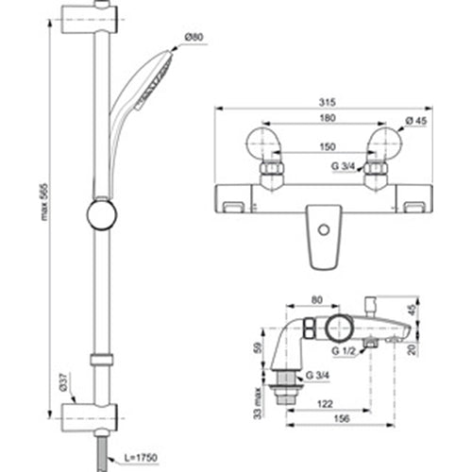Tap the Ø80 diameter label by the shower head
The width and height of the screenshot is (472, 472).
tap(194, 36)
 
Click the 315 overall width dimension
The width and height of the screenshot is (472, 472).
tap(328, 107)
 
